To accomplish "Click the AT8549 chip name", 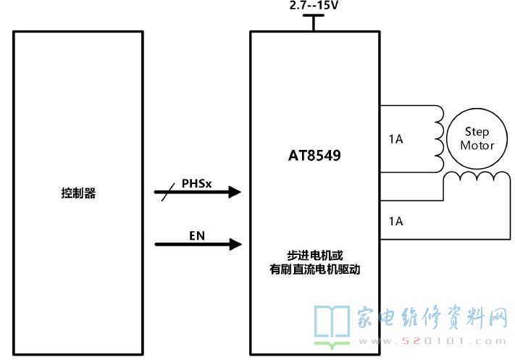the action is (314, 155).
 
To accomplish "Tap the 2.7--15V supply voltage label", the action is (314, 5).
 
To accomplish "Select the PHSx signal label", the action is (196, 183).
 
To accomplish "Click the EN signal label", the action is (197, 235).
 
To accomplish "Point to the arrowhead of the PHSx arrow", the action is (235, 192).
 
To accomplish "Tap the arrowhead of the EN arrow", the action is (235, 244).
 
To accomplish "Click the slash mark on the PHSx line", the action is (168, 193).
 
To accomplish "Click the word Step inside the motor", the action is (477, 132).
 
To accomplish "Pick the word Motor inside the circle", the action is (477, 145).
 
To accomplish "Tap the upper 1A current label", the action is (395, 139).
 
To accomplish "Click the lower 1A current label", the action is (395, 221).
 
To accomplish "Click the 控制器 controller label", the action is (78, 193).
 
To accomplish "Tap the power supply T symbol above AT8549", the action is (314, 22).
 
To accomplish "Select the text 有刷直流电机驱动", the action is (314, 269).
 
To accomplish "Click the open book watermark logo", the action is (332, 326).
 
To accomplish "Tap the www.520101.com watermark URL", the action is (432, 341).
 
